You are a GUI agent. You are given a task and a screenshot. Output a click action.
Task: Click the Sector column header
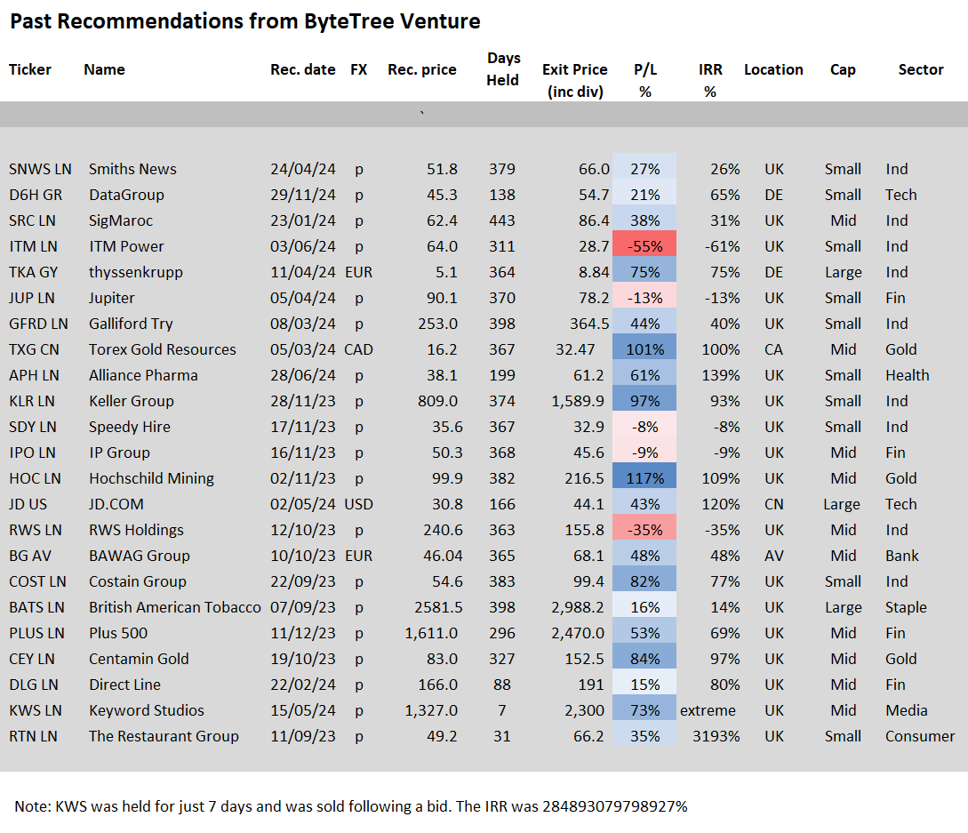[x=921, y=69]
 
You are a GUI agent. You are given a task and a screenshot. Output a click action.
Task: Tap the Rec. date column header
[x=302, y=69]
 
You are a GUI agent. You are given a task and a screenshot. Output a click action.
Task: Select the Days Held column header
[x=503, y=68]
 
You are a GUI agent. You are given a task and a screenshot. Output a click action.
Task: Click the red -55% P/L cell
[x=644, y=246]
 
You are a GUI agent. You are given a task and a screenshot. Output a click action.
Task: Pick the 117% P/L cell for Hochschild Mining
[x=644, y=478]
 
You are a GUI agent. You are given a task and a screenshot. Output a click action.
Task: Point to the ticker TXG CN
[x=34, y=349]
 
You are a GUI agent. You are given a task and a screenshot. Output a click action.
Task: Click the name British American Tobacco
[x=175, y=607]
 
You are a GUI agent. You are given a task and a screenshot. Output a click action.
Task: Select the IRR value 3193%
[x=716, y=737]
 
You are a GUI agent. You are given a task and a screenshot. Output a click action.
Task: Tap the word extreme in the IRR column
[x=708, y=710]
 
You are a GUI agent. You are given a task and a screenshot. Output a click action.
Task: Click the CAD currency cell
[x=359, y=349]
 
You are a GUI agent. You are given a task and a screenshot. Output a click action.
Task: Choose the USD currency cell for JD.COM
[x=359, y=504]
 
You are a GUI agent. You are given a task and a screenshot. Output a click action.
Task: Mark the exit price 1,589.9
[x=577, y=401]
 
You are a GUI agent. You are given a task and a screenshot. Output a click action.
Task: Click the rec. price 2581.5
[x=438, y=607]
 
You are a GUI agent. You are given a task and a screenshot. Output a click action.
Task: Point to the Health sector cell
[x=907, y=375]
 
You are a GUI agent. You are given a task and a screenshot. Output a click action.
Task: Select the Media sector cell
[x=907, y=710]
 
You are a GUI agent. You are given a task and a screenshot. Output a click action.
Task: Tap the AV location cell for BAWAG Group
[x=773, y=556]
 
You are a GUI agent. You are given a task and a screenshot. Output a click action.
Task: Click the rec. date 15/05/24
[x=302, y=710]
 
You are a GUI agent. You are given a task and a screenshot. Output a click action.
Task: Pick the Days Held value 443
[x=502, y=220]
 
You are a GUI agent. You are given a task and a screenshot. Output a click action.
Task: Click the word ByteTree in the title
[x=348, y=21]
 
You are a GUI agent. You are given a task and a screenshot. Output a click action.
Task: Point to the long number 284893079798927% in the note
[x=614, y=806]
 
